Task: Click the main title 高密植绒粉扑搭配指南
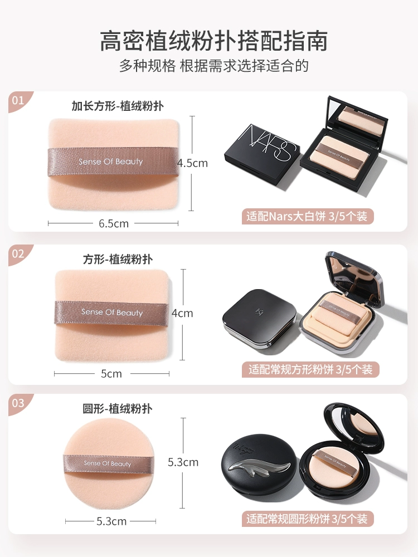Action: tap(213, 41)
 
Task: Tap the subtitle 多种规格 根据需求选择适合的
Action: tap(213, 66)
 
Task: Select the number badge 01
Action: tap(18, 100)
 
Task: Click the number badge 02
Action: tap(18, 253)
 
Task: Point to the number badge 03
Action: tap(18, 403)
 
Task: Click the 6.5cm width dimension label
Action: tap(113, 223)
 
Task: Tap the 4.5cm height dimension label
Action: tap(192, 163)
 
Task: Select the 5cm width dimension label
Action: tap(111, 374)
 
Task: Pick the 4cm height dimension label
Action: tap(182, 313)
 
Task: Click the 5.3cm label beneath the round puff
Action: tap(111, 521)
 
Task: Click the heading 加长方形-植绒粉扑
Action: tap(118, 106)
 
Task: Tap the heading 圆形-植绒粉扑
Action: tap(118, 408)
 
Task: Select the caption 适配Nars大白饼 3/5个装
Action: tap(307, 216)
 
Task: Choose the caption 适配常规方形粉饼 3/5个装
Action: tap(310, 369)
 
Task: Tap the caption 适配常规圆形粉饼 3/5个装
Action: tap(307, 519)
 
